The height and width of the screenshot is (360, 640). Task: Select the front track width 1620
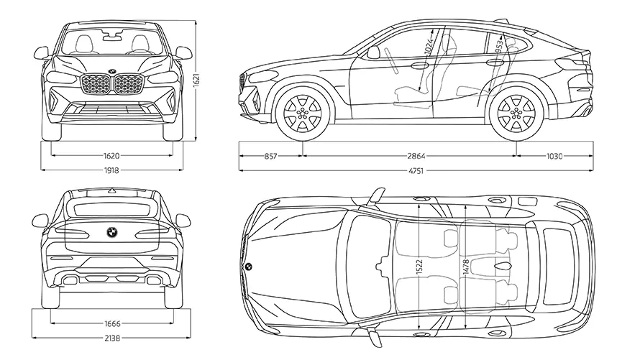click(x=111, y=155)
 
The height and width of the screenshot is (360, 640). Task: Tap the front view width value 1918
click(x=111, y=170)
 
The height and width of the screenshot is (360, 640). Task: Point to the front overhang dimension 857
click(x=271, y=155)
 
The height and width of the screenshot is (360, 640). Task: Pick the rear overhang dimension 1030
click(x=554, y=155)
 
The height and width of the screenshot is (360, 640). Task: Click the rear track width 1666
click(x=111, y=323)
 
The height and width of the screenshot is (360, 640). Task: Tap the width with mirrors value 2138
click(x=111, y=338)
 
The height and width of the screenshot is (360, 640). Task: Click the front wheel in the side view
click(x=302, y=114)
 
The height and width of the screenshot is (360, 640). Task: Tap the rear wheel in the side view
click(x=516, y=114)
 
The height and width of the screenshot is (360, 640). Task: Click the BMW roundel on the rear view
click(x=112, y=233)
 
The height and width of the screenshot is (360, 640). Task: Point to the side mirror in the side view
click(x=373, y=52)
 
